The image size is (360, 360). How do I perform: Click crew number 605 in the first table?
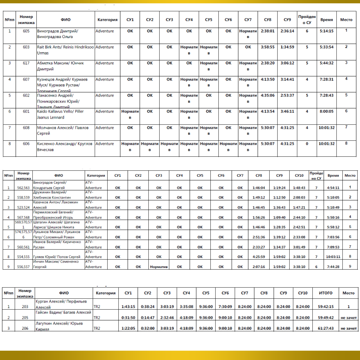[x=26, y=31]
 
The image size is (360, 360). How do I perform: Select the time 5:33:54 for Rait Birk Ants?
[x=326, y=47]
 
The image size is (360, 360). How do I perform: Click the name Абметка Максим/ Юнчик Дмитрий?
[x=60, y=66]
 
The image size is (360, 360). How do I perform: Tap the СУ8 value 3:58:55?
[x=268, y=47]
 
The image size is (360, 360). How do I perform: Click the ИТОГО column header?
[x=325, y=293]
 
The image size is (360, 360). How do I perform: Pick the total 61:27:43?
[x=325, y=328]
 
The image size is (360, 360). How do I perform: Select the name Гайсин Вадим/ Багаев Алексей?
[x=64, y=312]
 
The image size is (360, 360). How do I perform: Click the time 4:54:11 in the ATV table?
[x=333, y=188]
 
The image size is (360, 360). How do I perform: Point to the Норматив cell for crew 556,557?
[x=159, y=267]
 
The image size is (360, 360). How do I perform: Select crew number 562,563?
[x=24, y=188]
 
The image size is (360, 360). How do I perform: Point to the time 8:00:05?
[x=326, y=111]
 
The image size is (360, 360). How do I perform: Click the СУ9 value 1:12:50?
[x=279, y=197]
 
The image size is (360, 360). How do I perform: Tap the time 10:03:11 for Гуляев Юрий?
[x=333, y=257]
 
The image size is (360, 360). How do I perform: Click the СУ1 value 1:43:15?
[x=129, y=307]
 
